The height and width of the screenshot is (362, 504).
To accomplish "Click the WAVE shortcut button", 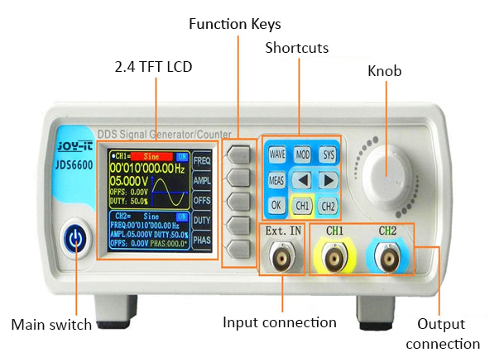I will pos(276,155).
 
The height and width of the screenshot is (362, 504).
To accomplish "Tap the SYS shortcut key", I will pos(329,155).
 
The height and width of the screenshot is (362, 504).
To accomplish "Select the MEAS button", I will pos(276,179).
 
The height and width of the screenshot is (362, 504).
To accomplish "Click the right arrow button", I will pos(329,179).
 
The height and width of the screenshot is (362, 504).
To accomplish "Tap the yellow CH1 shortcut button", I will pos(303,205).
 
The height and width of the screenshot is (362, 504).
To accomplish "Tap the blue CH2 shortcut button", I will pos(329,205).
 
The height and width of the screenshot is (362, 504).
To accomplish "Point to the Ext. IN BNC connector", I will pos(282,259).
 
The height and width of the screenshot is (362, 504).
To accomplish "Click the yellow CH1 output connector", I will pos(334,259).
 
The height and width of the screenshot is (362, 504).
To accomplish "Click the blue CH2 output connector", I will pos(387,259).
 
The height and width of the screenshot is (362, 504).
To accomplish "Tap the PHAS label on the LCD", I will pos(201,241).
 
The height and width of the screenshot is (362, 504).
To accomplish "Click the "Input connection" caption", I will pos(280,322).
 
